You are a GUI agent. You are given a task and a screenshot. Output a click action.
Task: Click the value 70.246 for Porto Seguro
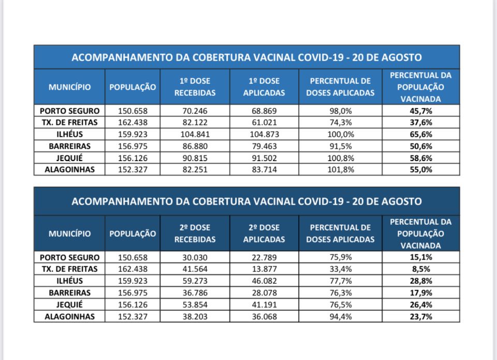[x=195, y=111]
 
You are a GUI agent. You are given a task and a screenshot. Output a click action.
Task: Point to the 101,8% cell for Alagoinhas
[x=340, y=169]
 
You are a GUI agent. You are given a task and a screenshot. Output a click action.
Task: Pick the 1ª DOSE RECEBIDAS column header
[x=195, y=87]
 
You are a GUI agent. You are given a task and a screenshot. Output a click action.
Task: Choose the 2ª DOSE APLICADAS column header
[x=264, y=234]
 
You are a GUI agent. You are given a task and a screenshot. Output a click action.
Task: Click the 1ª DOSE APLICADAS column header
[x=264, y=87]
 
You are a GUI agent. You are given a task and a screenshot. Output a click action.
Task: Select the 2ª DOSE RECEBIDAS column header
[x=195, y=234]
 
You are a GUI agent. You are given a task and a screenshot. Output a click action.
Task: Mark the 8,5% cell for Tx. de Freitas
[x=420, y=269]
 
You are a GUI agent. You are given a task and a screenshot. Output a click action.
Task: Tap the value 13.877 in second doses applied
[x=264, y=269]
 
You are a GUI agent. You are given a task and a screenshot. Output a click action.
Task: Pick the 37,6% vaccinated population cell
[x=420, y=123]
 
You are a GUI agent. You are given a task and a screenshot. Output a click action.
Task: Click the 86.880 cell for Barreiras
[x=195, y=146]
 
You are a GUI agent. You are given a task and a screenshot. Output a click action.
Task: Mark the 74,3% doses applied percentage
[x=340, y=123]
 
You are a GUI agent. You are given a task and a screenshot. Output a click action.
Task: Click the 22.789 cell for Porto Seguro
[x=264, y=257]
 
